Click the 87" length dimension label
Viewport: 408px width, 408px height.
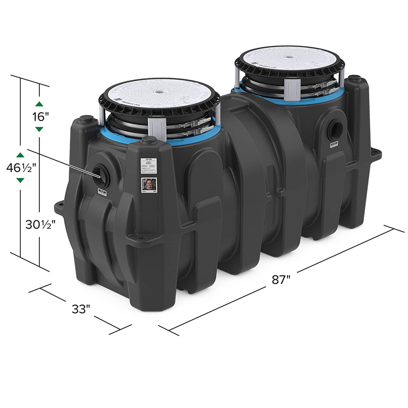281,279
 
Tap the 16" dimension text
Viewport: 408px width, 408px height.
40,117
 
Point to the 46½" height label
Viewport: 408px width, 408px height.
21,168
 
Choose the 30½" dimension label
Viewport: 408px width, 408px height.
40,224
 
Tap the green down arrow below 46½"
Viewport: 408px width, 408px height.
20,180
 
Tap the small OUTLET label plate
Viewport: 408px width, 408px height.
334,145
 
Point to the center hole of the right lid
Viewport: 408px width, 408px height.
289,57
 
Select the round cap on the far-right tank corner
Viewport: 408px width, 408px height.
354,78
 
